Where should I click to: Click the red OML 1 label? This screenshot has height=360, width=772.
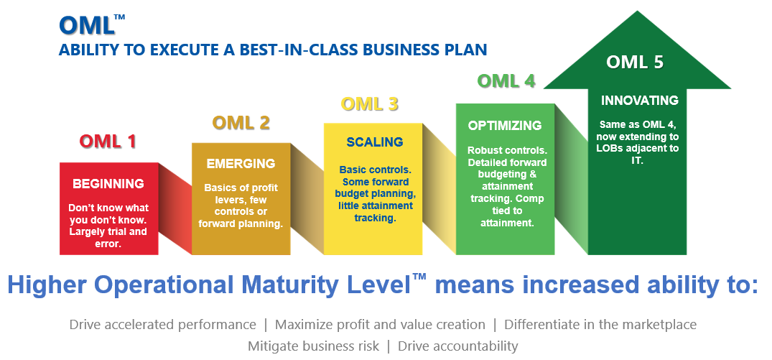(x=108, y=142)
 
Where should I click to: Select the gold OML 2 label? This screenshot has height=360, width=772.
(x=241, y=123)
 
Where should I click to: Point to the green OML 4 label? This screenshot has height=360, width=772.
(x=506, y=81)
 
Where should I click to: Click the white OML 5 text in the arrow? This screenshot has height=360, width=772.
(x=634, y=63)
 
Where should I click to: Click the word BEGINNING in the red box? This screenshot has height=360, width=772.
(x=108, y=184)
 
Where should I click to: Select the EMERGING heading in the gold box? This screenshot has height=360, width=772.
(x=241, y=164)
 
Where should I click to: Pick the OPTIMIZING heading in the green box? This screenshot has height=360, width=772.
(x=505, y=126)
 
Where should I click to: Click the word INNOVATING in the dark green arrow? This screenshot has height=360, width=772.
(x=639, y=101)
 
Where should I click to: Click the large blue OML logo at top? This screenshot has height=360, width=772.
(x=86, y=26)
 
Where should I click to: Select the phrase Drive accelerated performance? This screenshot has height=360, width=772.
(x=162, y=325)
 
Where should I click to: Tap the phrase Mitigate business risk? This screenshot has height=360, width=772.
(x=312, y=346)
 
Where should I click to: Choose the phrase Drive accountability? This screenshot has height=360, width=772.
(x=457, y=346)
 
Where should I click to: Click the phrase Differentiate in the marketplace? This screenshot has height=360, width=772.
(x=600, y=325)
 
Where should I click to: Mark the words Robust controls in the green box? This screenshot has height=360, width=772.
(x=507, y=151)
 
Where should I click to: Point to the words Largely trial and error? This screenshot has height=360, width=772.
(x=108, y=237)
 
